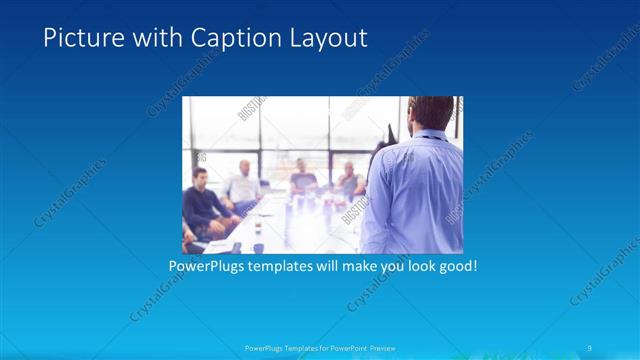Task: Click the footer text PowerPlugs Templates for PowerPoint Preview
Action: tap(319, 348)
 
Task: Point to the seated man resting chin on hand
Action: tap(349, 180)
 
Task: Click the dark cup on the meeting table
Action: tap(258, 246)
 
